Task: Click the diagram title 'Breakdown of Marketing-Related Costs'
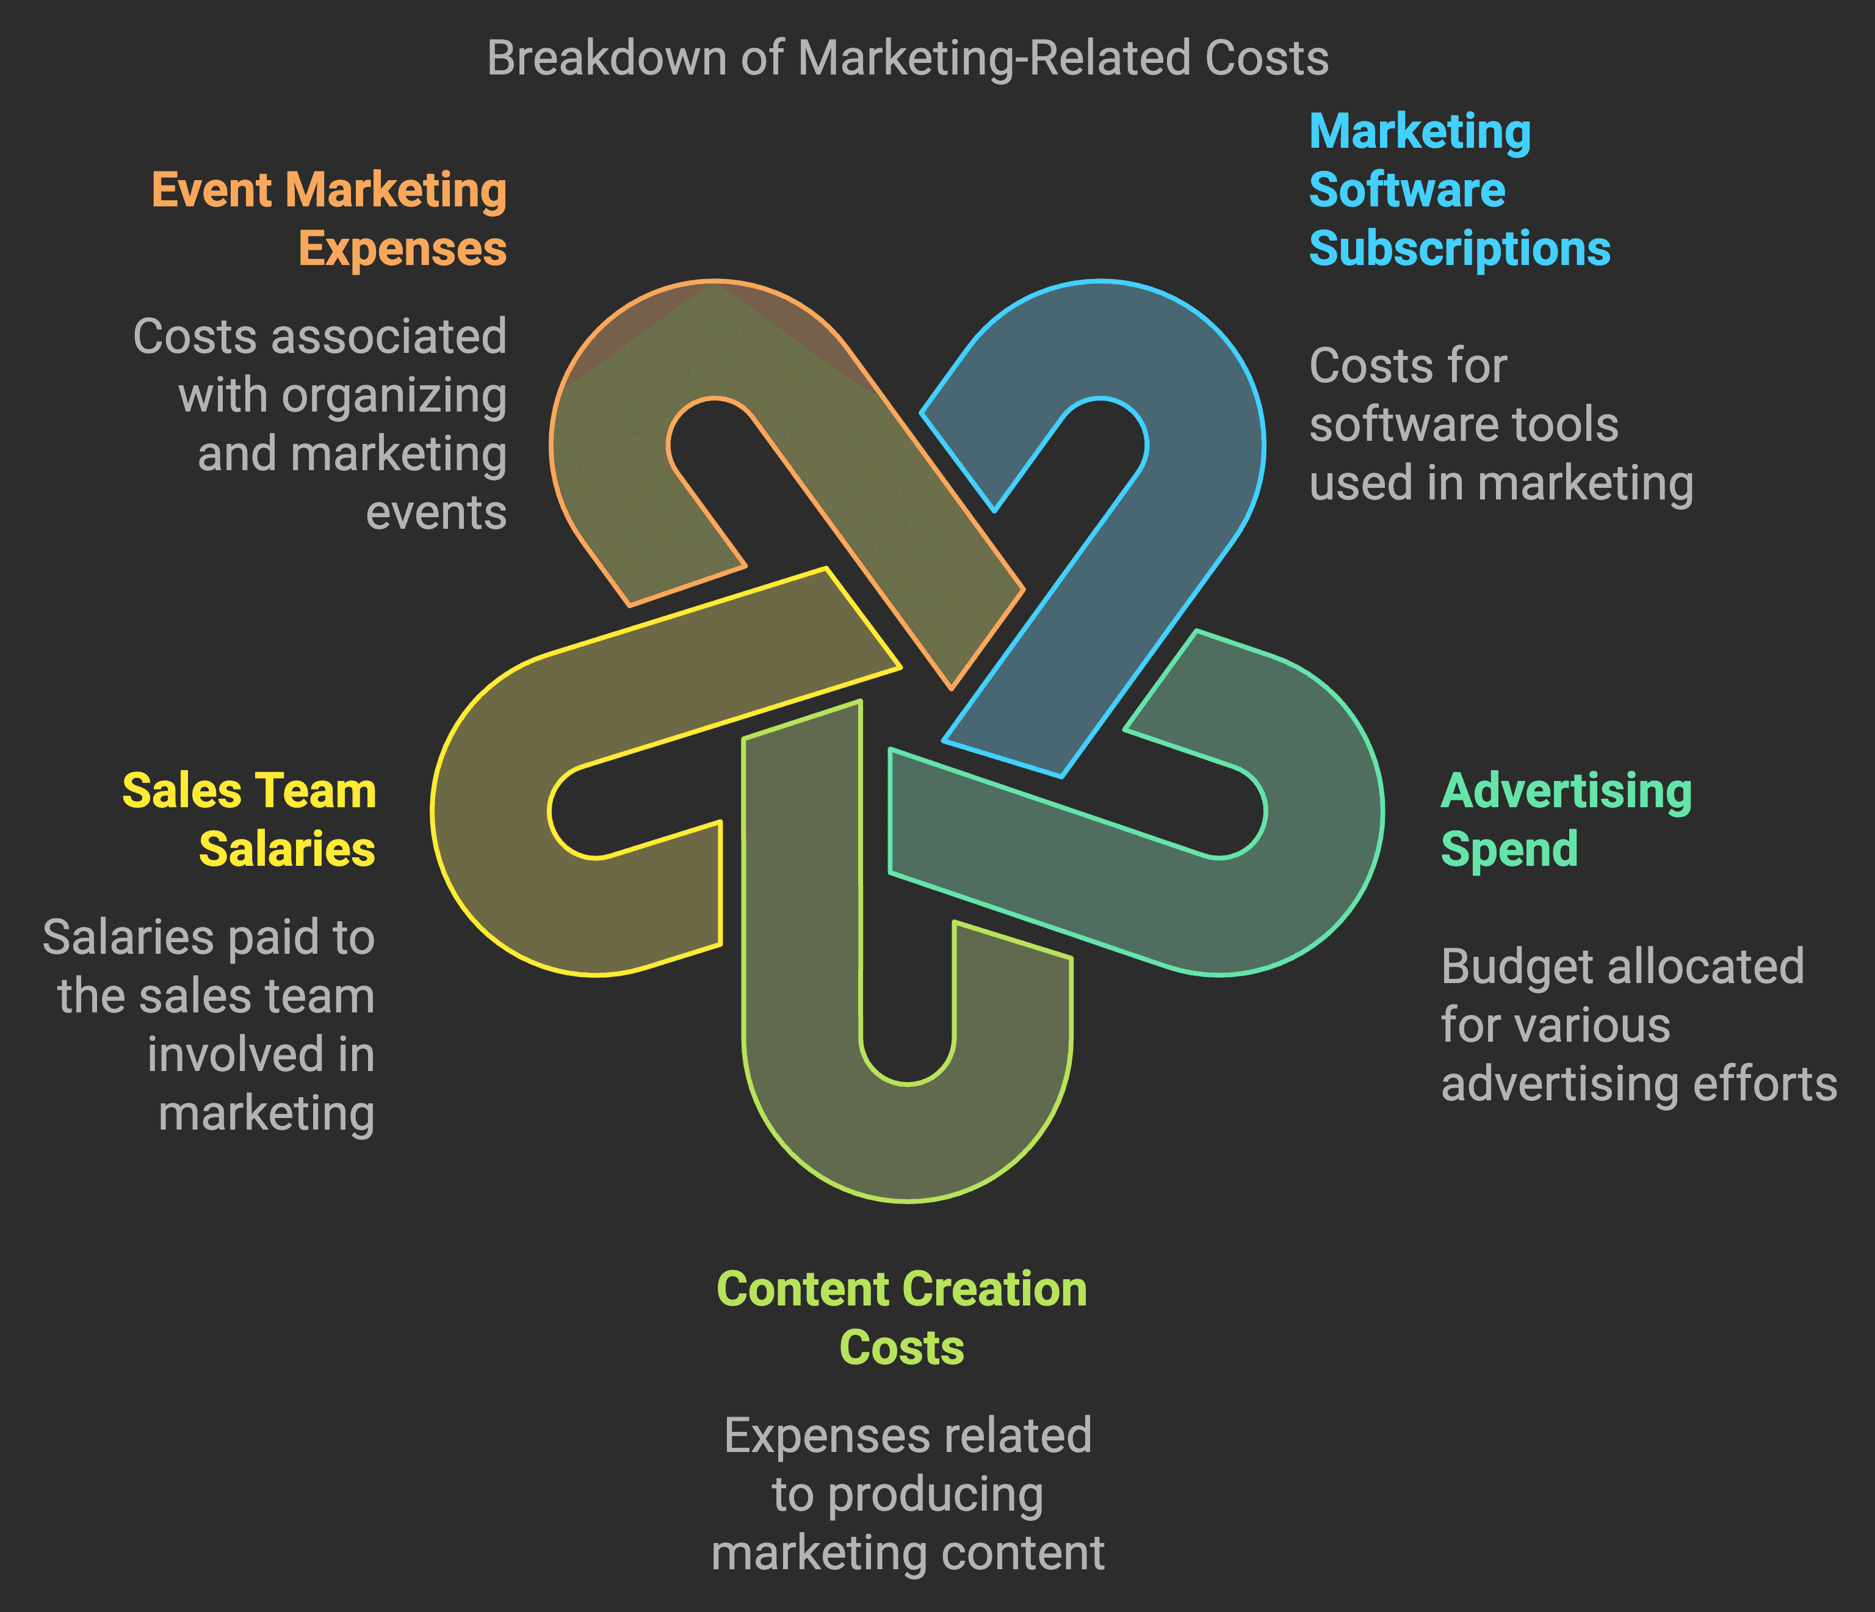(x=907, y=58)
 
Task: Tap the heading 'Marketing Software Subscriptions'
(x=1459, y=190)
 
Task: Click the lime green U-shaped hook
(x=905, y=1141)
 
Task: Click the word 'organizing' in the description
(x=394, y=396)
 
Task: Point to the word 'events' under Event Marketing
(x=436, y=513)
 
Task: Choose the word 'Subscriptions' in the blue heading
(x=1459, y=249)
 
